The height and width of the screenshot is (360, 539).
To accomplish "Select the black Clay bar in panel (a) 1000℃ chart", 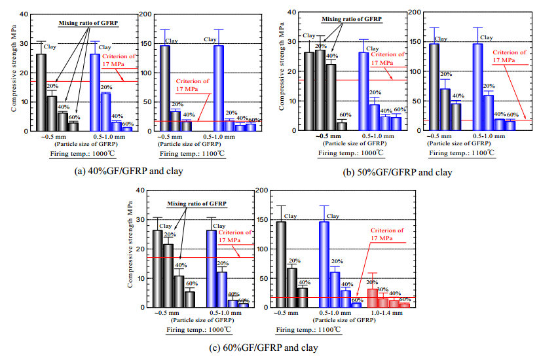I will coord(41,92).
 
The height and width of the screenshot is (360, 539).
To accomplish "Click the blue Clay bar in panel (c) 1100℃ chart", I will coord(324,264).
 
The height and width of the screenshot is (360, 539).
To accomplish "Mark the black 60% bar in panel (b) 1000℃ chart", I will coord(341,126).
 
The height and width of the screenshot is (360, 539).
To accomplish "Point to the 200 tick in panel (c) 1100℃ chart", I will coord(263,190).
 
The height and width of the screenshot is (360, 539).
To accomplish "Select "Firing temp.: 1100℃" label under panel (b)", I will coord(461,153).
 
